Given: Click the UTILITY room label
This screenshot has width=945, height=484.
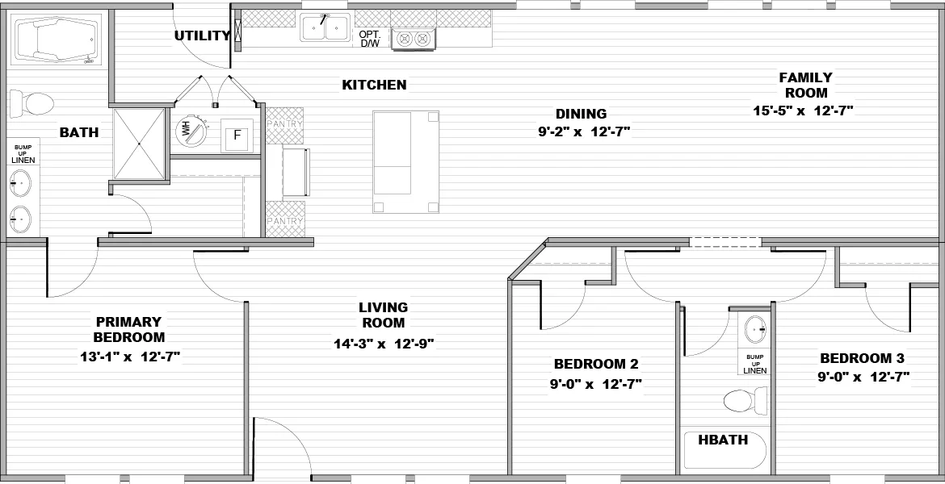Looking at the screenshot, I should coord(202,35).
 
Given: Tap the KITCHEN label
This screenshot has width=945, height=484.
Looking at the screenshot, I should coord(374,85).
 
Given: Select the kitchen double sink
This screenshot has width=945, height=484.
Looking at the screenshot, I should coord(325,28).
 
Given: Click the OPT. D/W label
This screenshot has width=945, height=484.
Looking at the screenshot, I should coord(369,39).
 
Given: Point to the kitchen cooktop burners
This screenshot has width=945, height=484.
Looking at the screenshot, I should coord(413,38).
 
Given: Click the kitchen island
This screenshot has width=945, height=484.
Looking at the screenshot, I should coord(406,161).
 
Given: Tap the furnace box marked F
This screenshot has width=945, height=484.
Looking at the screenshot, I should coord(237,136).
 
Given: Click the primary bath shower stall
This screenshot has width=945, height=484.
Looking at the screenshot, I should coord(139,144).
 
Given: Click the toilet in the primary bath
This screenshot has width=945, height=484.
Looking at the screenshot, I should coord(32,102).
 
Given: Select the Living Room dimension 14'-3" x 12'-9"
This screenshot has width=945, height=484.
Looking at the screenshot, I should coord(384,344).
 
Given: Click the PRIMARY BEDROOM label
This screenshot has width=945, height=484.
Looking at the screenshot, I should coord(129,329).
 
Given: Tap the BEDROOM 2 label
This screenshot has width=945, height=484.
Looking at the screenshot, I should coord(596,364).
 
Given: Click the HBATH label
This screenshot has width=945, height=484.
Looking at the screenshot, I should coord(723,440).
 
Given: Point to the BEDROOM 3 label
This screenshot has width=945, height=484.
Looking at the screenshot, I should coord(862,359).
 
